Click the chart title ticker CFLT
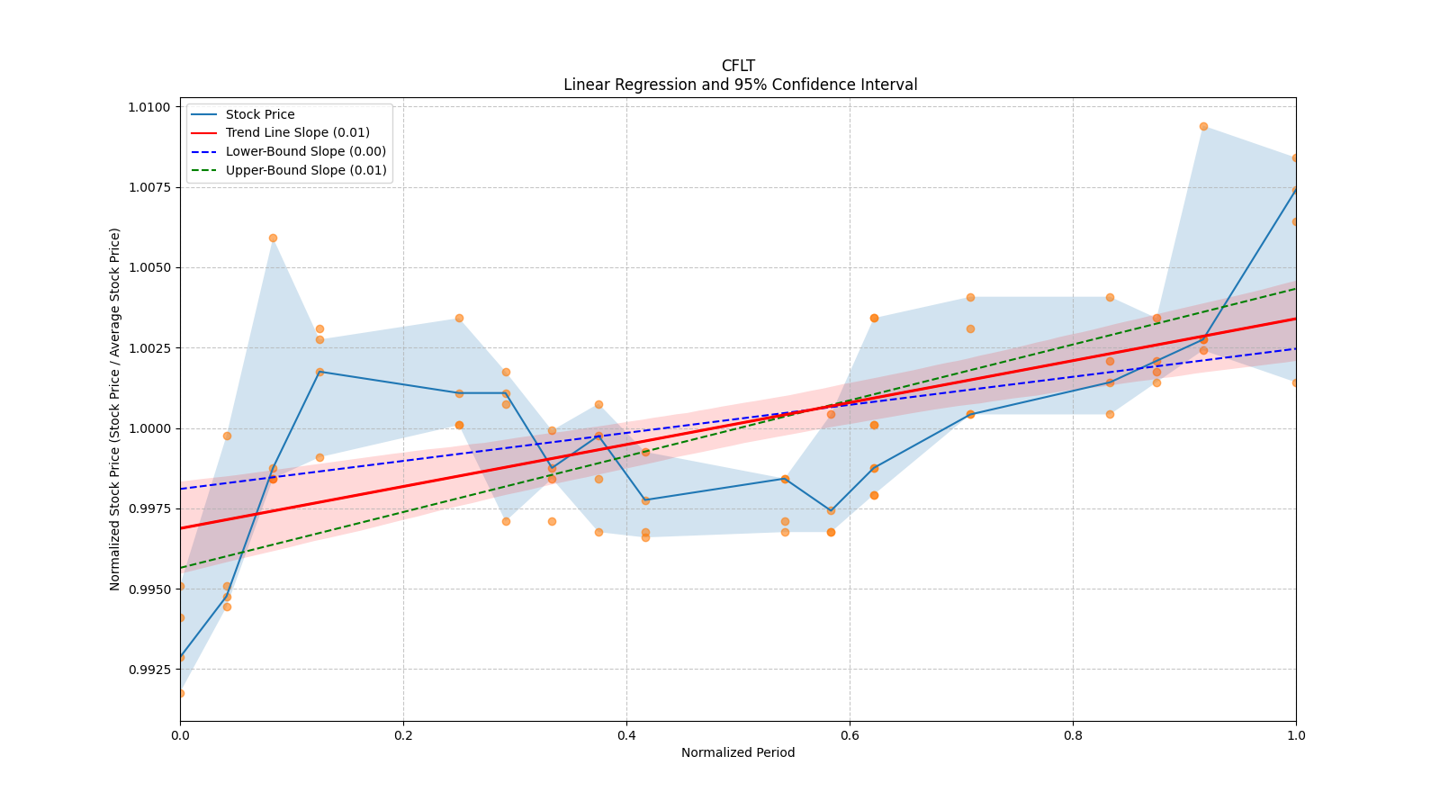click(738, 66)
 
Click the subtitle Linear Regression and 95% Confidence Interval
click(740, 85)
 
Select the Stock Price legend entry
click(259, 114)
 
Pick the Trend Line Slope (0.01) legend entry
click(297, 132)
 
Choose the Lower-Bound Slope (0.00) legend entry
click(305, 151)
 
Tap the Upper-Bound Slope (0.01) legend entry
click(305, 170)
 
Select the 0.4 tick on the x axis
click(626, 735)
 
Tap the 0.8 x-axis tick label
click(1073, 735)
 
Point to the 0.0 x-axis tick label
click(180, 735)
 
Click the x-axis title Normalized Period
click(738, 752)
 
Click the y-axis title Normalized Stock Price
click(115, 409)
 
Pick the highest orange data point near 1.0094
click(1203, 126)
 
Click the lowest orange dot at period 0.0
click(180, 693)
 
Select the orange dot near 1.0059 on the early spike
click(273, 238)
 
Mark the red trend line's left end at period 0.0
click(181, 528)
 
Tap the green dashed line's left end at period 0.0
click(181, 568)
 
